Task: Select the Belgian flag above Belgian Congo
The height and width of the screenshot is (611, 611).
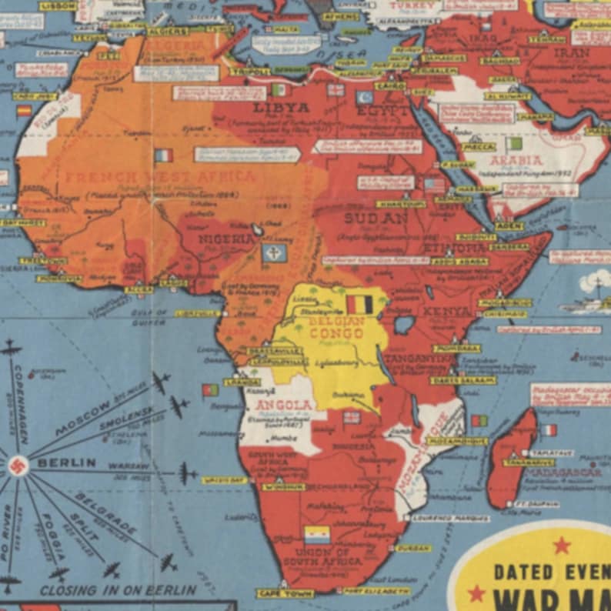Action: (359, 305)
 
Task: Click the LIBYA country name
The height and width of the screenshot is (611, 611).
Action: (281, 108)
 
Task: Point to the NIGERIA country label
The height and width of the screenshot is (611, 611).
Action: (227, 239)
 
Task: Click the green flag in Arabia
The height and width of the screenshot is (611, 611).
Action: (513, 143)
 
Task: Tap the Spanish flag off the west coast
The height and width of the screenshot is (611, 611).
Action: (24, 110)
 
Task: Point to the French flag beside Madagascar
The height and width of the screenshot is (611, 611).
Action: (548, 430)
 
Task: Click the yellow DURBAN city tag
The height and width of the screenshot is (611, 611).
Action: (412, 548)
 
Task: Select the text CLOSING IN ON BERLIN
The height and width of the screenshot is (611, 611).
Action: (118, 590)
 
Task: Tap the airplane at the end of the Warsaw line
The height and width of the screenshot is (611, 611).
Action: (187, 472)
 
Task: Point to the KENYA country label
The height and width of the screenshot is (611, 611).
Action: (448, 312)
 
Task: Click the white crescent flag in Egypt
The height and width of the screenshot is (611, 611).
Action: (364, 98)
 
